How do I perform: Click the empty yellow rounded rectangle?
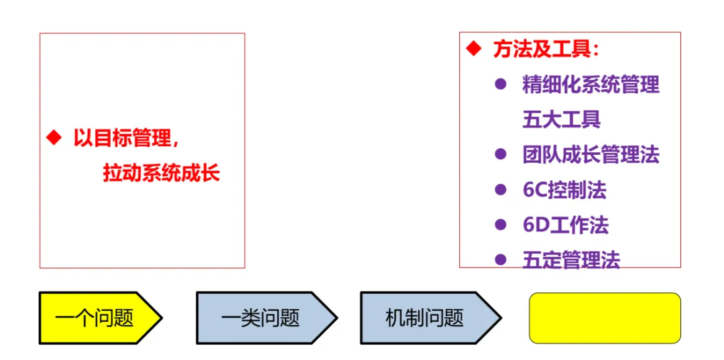(x=605, y=318)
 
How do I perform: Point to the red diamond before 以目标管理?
(x=53, y=138)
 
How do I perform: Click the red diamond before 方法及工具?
(x=474, y=49)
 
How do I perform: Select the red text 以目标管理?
(x=125, y=139)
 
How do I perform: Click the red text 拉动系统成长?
(x=162, y=174)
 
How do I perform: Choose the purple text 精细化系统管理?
(x=591, y=85)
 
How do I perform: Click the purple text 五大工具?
(x=561, y=120)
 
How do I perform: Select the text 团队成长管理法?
(x=591, y=155)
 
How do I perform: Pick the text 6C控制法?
(x=564, y=190)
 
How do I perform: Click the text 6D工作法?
(x=565, y=225)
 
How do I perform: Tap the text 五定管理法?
(x=571, y=260)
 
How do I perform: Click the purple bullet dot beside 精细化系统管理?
(x=500, y=84)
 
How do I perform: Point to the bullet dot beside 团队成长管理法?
(x=500, y=154)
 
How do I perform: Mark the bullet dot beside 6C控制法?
(x=500, y=190)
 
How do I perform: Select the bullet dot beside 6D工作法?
(x=500, y=225)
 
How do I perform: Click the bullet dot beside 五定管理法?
(x=500, y=259)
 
